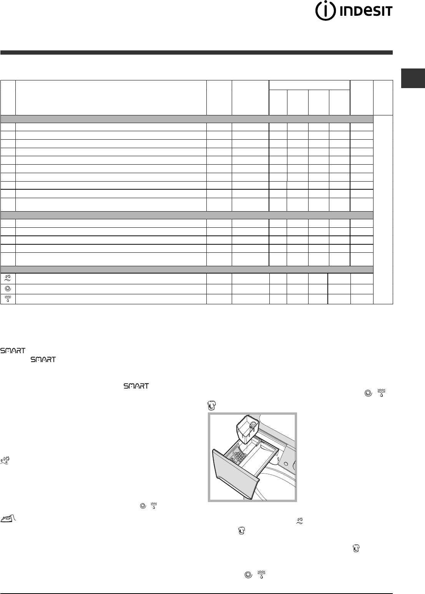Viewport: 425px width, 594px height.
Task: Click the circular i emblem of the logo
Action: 324,12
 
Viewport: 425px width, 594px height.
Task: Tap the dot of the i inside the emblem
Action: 324,7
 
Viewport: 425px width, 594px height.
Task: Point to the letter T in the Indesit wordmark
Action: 388,12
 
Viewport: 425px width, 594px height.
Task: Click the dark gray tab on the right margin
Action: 413,78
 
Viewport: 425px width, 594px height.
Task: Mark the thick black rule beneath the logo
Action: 196,52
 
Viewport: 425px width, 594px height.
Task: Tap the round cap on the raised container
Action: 252,424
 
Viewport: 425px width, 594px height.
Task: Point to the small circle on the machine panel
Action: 294,464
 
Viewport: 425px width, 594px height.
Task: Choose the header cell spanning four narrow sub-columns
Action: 309,85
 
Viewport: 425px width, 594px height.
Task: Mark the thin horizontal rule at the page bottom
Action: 196,582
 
